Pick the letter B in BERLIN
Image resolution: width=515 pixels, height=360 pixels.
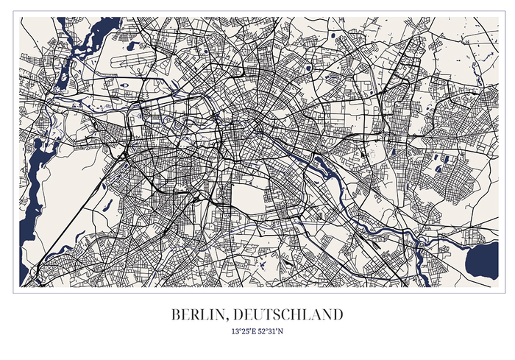point(176,314)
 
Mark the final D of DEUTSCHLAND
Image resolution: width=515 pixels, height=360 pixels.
point(338,314)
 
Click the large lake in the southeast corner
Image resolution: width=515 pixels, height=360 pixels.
point(482,258)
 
